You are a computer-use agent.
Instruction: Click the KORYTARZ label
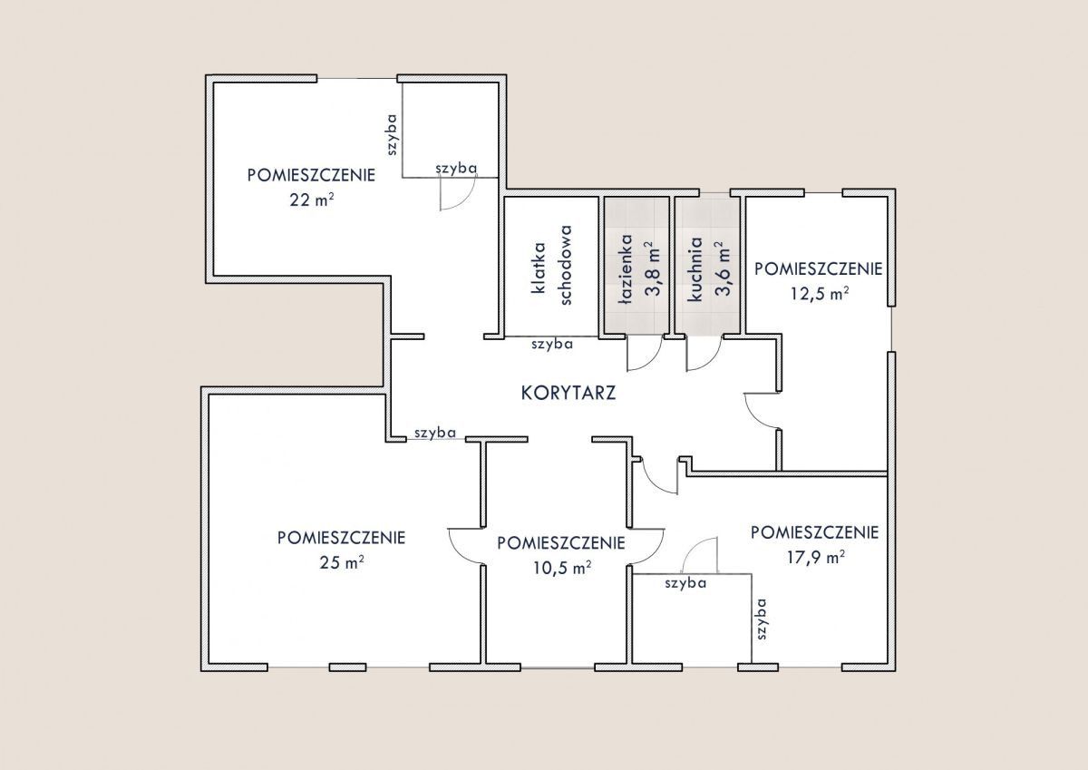(568, 393)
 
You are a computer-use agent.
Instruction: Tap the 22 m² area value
(312, 200)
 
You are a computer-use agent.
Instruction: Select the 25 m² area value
(342, 562)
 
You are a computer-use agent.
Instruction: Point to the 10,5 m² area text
(562, 568)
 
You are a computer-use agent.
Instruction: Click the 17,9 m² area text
(815, 557)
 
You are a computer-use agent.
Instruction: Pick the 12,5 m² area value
(820, 294)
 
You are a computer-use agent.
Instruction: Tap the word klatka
(539, 268)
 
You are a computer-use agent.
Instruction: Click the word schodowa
(566, 265)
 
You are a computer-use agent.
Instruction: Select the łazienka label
(627, 269)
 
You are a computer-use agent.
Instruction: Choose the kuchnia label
(695, 269)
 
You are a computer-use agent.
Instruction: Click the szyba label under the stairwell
(552, 344)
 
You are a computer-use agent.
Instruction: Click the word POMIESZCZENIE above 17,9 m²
(814, 532)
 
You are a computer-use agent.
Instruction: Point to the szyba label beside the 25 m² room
(435, 433)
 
